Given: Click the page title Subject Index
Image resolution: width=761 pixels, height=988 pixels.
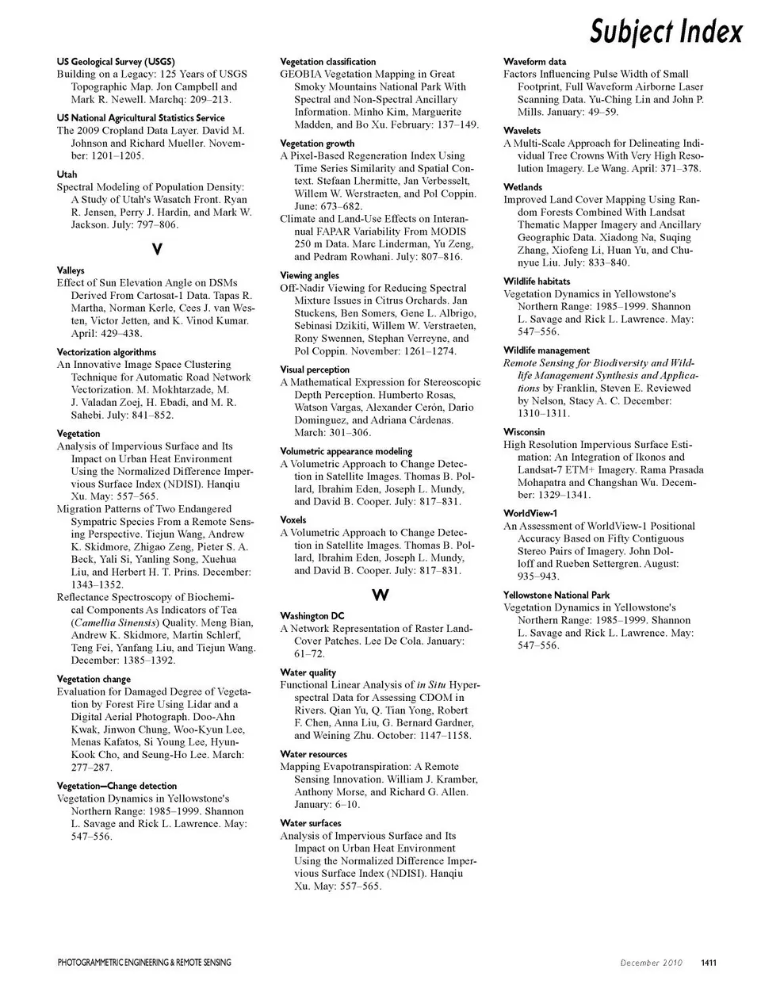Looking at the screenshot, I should click(666, 32).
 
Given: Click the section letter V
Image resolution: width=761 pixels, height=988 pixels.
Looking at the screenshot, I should click(157, 250).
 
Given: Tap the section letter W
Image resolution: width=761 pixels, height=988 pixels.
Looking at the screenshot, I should click(380, 595).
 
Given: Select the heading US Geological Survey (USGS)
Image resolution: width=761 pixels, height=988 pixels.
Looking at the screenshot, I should click(116, 61).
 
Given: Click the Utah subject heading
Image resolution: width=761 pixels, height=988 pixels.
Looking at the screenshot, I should click(67, 174).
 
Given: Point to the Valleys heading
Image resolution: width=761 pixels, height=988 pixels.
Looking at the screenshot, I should click(71, 270).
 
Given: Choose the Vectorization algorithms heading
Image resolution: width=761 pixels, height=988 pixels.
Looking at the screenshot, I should click(106, 352).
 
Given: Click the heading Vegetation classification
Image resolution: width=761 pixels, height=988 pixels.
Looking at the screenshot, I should click(328, 61).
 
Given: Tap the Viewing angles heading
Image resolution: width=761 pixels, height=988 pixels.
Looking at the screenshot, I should click(309, 276).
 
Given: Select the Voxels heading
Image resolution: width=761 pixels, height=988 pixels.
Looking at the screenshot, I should click(293, 520).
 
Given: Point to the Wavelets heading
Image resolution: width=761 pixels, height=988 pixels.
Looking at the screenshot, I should click(522, 131).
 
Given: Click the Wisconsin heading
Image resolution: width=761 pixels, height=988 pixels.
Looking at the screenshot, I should click(524, 432).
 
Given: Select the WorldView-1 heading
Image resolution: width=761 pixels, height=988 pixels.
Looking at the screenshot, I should click(530, 514).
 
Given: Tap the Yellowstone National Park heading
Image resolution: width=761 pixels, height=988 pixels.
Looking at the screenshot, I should click(556, 595).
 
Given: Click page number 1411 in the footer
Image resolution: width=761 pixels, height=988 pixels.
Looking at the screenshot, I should click(708, 963).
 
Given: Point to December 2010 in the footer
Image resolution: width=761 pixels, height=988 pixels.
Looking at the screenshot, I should click(651, 963).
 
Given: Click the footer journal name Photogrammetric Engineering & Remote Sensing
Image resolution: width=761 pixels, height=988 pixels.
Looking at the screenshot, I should click(144, 963).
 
